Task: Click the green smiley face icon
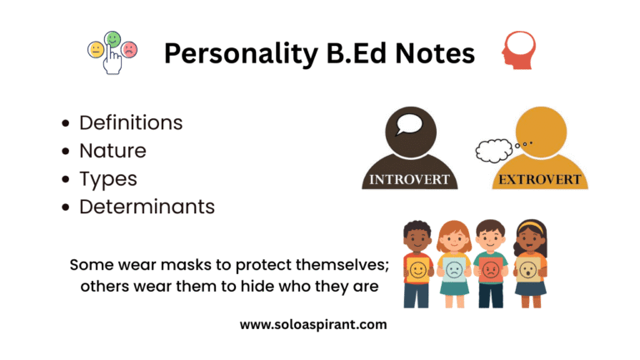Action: tap(112, 39)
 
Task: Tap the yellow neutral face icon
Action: tap(96, 51)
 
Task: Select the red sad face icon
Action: tap(129, 50)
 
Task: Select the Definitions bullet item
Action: tap(131, 122)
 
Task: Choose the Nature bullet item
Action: tap(112, 151)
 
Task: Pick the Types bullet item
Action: tap(108, 178)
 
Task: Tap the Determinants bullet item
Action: tap(147, 207)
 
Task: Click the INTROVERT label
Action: tap(409, 179)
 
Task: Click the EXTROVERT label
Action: tap(539, 179)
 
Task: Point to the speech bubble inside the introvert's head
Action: tap(409, 126)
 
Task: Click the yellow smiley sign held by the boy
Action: tap(417, 269)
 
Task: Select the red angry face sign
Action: tap(491, 268)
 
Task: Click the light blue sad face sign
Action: tap(454, 269)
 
